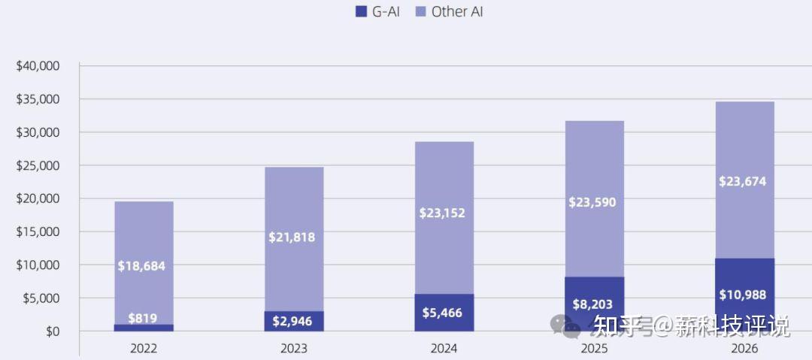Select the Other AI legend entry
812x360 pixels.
449,11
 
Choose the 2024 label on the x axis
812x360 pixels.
444,349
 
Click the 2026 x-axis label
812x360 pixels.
744,349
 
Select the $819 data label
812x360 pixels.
142,319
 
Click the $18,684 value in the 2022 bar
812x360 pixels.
142,266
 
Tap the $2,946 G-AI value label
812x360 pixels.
292,322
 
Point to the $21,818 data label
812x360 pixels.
292,237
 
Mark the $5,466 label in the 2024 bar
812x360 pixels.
443,313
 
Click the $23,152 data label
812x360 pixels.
443,213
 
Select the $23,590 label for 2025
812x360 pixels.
593,202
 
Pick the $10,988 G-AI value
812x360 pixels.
743,295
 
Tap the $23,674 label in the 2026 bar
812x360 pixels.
743,181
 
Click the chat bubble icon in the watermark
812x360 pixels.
565,325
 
